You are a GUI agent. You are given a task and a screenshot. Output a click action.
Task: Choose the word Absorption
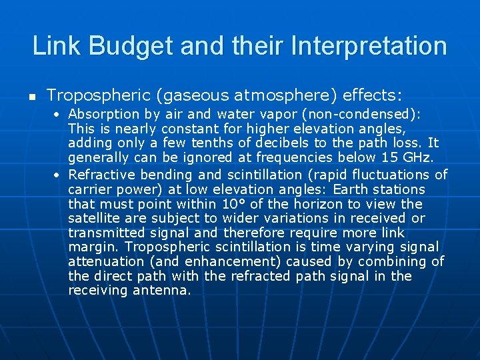click(x=101, y=114)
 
